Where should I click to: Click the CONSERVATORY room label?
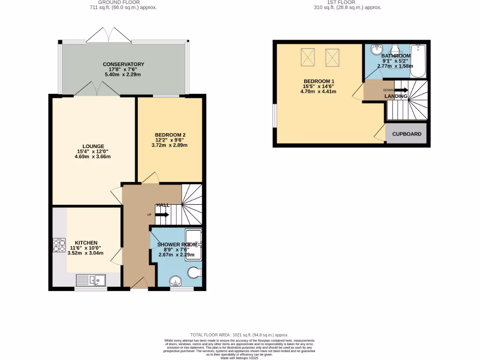(124, 64)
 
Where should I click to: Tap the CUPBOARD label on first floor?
(406, 134)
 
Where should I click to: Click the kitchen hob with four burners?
(60, 246)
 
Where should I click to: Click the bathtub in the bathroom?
(418, 61)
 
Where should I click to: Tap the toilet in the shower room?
(195, 272)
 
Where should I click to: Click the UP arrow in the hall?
(162, 215)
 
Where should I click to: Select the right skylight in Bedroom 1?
(332, 58)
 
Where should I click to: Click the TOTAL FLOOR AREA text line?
(240, 335)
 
